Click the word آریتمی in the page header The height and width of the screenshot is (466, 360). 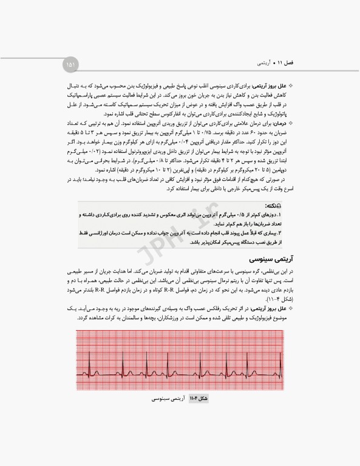coord(262,62)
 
